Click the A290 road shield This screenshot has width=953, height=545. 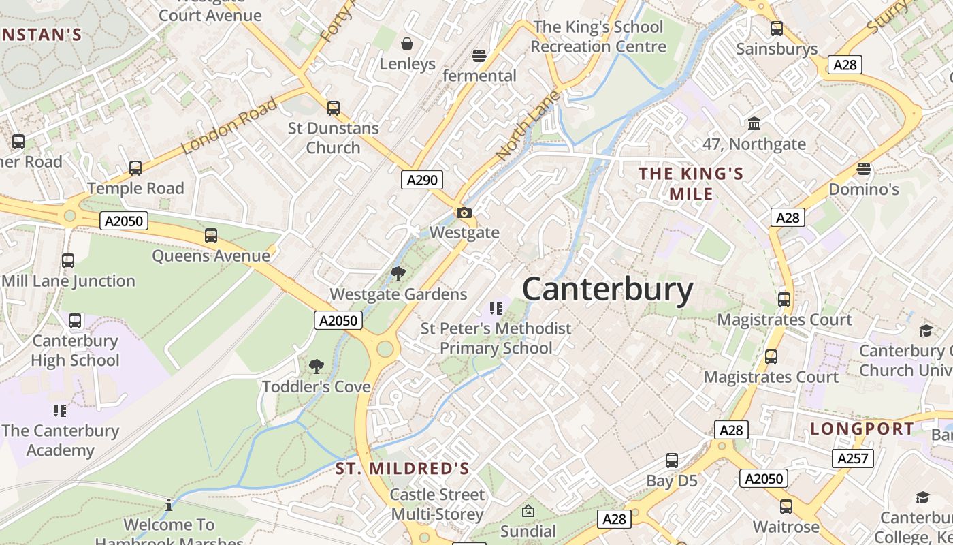422,180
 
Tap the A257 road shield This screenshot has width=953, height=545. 852,458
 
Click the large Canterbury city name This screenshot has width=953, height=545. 607,290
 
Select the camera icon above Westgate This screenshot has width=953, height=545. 464,213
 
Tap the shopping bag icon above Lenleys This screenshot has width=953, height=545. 407,44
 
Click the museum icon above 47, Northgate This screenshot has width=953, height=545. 754,124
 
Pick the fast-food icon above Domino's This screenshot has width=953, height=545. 864,169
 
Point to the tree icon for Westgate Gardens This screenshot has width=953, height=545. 398,275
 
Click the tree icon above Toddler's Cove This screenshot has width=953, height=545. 317,367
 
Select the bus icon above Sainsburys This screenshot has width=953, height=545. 777,29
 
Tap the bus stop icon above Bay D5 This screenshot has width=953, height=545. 672,461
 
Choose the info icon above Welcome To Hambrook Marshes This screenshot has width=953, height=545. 169,505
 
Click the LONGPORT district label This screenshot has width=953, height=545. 862,429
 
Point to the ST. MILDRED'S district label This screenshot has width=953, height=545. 402,469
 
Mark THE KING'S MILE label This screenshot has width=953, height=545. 691,183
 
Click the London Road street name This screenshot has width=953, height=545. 230,125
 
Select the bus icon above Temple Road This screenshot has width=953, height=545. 135,168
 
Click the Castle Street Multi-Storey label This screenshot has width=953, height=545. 438,504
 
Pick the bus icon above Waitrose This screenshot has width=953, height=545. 786,507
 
